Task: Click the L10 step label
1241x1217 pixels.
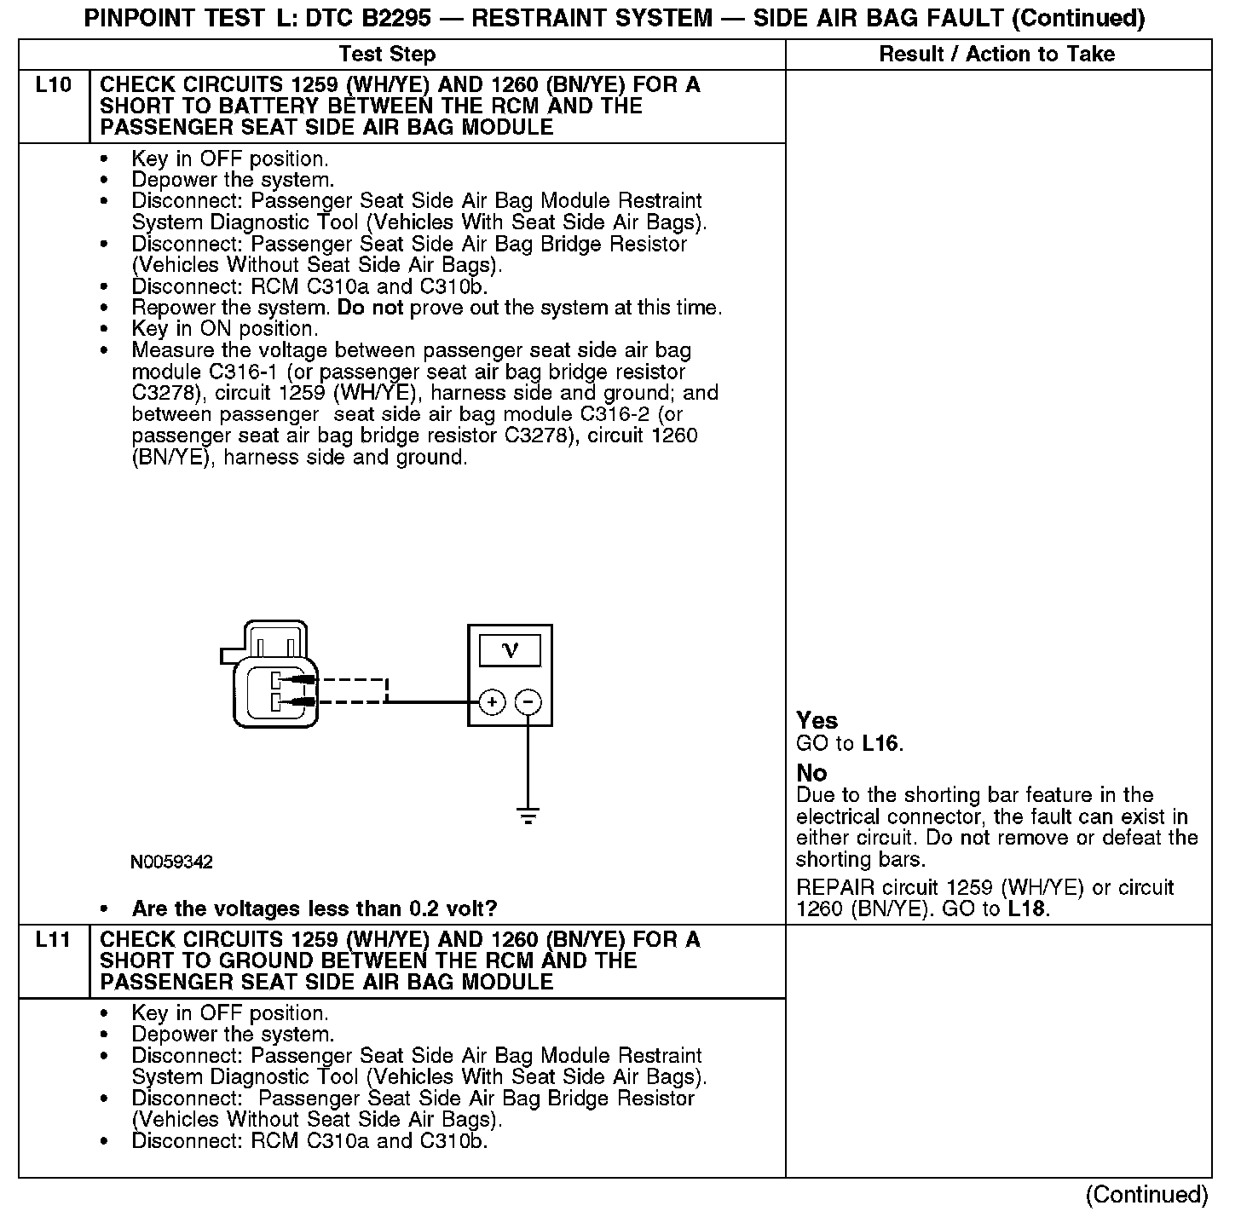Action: (x=53, y=85)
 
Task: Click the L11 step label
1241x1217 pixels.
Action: (x=53, y=940)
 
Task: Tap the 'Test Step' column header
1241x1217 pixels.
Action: (x=387, y=55)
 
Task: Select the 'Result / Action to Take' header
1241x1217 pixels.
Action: (x=996, y=55)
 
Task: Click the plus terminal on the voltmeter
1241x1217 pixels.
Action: (x=492, y=702)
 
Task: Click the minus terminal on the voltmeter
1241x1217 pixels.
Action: (x=528, y=702)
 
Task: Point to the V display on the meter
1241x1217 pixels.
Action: (x=510, y=651)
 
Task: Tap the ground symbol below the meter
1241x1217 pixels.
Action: (x=528, y=816)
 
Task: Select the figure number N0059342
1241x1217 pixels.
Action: (x=171, y=862)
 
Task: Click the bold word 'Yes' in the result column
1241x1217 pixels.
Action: (x=817, y=720)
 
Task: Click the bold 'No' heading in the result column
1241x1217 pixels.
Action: (x=811, y=773)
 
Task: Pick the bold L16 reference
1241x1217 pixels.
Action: (x=880, y=743)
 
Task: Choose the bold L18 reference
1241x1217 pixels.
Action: (x=1026, y=908)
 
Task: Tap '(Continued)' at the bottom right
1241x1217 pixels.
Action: (x=1147, y=1195)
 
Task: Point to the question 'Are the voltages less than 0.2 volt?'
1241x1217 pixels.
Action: (x=315, y=908)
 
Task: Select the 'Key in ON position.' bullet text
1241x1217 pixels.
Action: (x=225, y=329)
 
